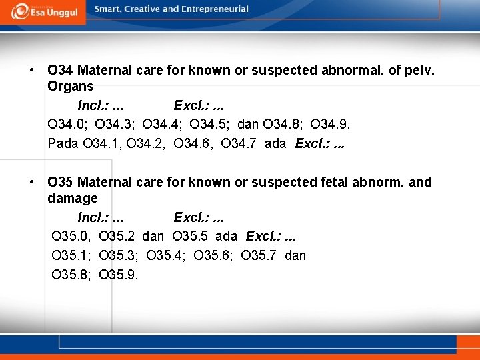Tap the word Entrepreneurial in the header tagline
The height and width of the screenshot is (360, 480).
(x=213, y=9)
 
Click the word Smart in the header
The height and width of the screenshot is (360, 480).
(x=108, y=9)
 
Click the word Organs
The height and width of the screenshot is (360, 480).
(x=71, y=86)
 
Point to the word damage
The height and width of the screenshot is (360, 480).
(x=73, y=198)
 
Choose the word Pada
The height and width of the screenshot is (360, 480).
(x=63, y=143)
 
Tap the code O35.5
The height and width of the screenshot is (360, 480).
(x=192, y=236)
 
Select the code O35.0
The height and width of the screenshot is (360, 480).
(x=72, y=236)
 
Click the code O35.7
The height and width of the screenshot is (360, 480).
(x=261, y=255)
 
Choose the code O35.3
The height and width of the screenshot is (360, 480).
(x=119, y=255)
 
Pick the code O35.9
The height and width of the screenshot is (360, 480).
(x=119, y=274)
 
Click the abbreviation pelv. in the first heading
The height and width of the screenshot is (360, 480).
(x=417, y=69)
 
